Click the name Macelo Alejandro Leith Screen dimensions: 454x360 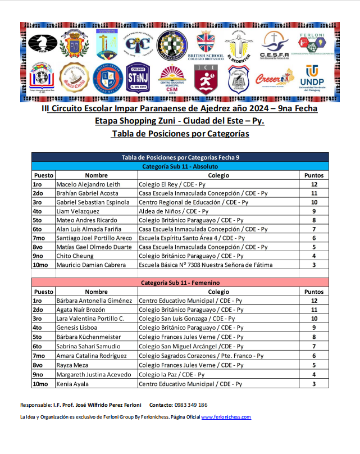click(x=89, y=184)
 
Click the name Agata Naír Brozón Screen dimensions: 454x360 click(x=81, y=310)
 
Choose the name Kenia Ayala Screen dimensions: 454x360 click(x=74, y=384)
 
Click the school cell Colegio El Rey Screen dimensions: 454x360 click(x=172, y=184)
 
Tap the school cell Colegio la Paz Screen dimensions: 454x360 click(x=167, y=375)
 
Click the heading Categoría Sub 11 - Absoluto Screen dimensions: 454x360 click(x=180, y=166)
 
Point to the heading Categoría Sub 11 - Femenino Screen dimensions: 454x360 click(x=180, y=283)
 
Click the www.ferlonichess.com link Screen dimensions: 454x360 click(x=226, y=417)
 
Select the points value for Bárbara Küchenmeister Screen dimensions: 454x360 click(x=314, y=337)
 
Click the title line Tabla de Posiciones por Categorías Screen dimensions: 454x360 click(x=180, y=134)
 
